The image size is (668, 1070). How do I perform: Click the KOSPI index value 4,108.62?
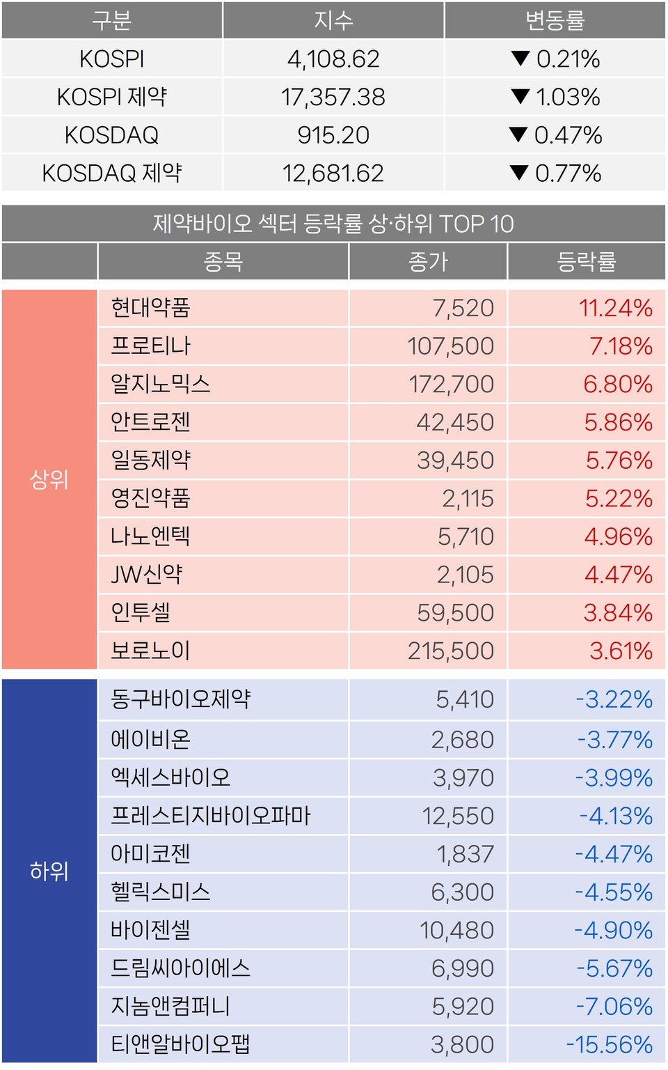click(333, 59)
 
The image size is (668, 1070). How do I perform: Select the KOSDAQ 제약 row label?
click(112, 173)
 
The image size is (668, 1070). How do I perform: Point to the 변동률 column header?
click(555, 20)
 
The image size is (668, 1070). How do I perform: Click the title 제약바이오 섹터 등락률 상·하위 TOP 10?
click(333, 224)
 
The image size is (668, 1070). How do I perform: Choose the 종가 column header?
click(428, 262)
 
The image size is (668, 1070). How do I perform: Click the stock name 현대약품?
click(151, 308)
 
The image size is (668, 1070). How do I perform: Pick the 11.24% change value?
click(615, 308)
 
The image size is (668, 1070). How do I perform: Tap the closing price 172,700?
click(451, 385)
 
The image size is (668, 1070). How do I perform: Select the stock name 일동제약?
click(151, 460)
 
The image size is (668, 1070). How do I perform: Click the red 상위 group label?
click(49, 479)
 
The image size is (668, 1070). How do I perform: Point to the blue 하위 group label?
click(49, 871)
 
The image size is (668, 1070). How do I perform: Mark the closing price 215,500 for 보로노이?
click(451, 651)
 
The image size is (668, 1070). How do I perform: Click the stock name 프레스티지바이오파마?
click(211, 816)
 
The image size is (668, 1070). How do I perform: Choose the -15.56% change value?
click(610, 1044)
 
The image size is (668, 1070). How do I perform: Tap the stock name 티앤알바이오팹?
click(180, 1044)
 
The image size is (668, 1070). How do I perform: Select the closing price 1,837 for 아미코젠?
click(465, 854)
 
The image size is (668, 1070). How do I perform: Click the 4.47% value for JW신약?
click(618, 575)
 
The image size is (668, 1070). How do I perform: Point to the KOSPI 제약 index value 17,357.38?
click(333, 98)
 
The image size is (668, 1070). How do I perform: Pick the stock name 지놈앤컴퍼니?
click(170, 1007)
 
